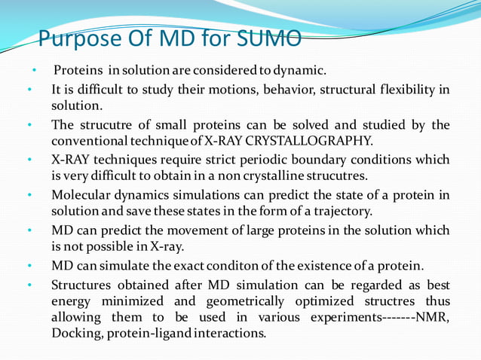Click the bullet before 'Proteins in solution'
[34, 71]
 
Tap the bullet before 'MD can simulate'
[29, 266]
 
